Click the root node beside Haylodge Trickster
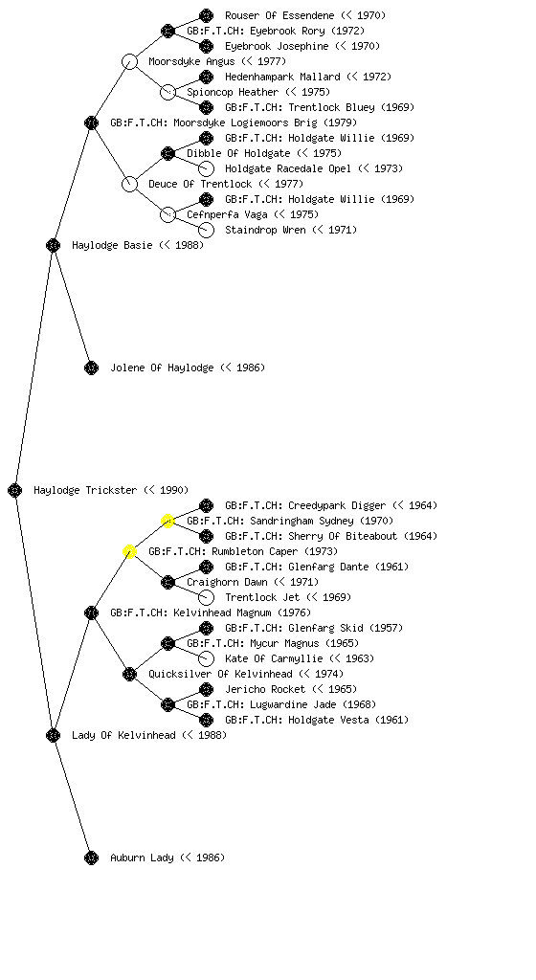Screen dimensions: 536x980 pyautogui.click(x=15, y=490)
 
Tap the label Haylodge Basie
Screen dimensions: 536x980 pyautogui.click(x=112, y=245)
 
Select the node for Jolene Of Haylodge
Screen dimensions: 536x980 pyautogui.click(x=91, y=367)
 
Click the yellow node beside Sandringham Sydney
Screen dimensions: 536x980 pyautogui.click(x=167, y=521)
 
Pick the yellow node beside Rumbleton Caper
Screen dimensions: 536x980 pyautogui.click(x=129, y=551)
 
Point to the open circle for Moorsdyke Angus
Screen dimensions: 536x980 pyautogui.click(x=129, y=61)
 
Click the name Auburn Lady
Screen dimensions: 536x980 pyautogui.click(x=142, y=857)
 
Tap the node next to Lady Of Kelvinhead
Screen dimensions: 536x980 pyautogui.click(x=53, y=735)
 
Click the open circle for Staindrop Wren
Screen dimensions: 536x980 pyautogui.click(x=206, y=230)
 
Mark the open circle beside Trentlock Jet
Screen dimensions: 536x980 pyautogui.click(x=206, y=597)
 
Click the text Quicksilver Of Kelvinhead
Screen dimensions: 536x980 pyautogui.click(x=220, y=674)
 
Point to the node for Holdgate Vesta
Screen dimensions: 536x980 pyautogui.click(x=206, y=720)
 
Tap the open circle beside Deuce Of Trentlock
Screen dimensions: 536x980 pyautogui.click(x=129, y=184)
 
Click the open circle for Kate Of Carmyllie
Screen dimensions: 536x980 pyautogui.click(x=206, y=658)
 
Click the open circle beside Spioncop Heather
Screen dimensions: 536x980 pyautogui.click(x=167, y=92)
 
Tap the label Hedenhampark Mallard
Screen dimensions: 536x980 pyautogui.click(x=282, y=77)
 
